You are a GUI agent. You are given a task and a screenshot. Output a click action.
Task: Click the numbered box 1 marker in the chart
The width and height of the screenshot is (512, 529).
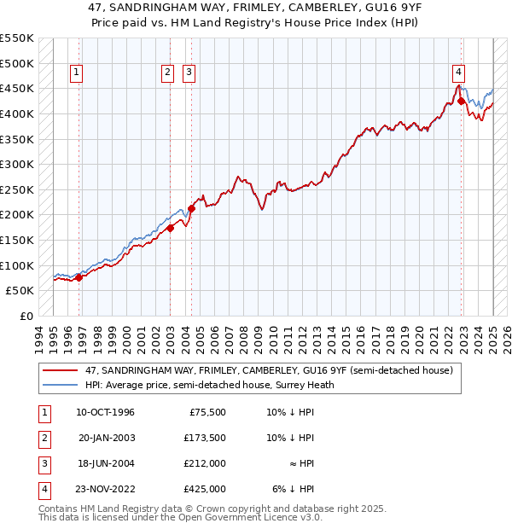77,73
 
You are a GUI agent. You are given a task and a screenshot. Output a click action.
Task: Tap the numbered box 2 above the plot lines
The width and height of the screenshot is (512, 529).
167,73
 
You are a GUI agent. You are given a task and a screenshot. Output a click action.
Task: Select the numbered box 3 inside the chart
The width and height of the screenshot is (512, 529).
188,73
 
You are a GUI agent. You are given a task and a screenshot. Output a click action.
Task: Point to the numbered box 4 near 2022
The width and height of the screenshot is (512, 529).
459,73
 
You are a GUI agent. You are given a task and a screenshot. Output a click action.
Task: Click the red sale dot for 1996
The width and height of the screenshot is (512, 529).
79,277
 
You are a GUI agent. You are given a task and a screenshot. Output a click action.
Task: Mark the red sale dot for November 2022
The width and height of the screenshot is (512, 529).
462,101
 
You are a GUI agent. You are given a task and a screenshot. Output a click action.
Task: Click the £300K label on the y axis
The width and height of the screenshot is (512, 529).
17,165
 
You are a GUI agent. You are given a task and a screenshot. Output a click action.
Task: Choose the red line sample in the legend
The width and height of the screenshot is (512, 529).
61,371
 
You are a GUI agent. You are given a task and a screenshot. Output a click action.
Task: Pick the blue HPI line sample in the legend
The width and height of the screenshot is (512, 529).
61,385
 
